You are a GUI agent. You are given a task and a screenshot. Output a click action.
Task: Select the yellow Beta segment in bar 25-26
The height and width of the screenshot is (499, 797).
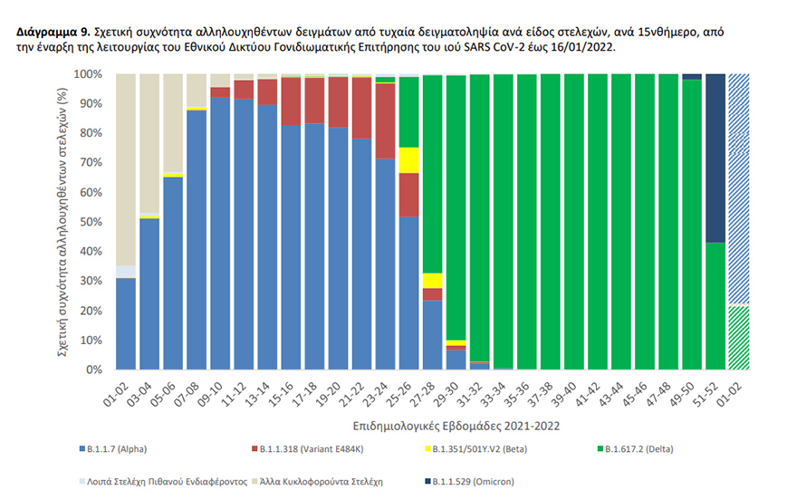coord(408,159)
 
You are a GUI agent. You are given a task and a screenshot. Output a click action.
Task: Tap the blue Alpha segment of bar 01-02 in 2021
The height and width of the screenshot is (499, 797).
coord(126,323)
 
